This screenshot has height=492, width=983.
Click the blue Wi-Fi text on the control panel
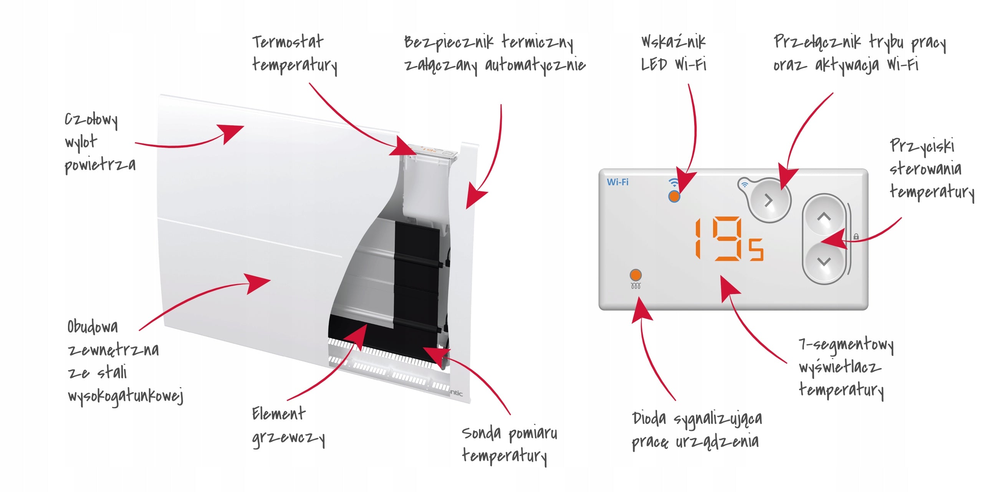coord(617,182)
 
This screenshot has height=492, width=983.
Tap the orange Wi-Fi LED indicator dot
coord(674,196)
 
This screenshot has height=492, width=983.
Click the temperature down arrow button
coord(824,262)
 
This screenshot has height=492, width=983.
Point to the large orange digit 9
coord(727,239)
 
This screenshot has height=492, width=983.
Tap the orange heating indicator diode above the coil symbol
coord(635,275)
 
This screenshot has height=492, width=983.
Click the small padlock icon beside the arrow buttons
coord(856,236)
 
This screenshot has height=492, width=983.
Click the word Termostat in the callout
coord(288,42)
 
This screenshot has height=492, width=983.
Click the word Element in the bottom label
coord(279,414)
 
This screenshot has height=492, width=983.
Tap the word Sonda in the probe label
coord(481,433)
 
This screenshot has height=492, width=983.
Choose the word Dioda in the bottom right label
coord(649,418)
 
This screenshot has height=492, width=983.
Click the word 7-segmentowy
coord(846,345)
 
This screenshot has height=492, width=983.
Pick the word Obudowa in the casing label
coord(93,327)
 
